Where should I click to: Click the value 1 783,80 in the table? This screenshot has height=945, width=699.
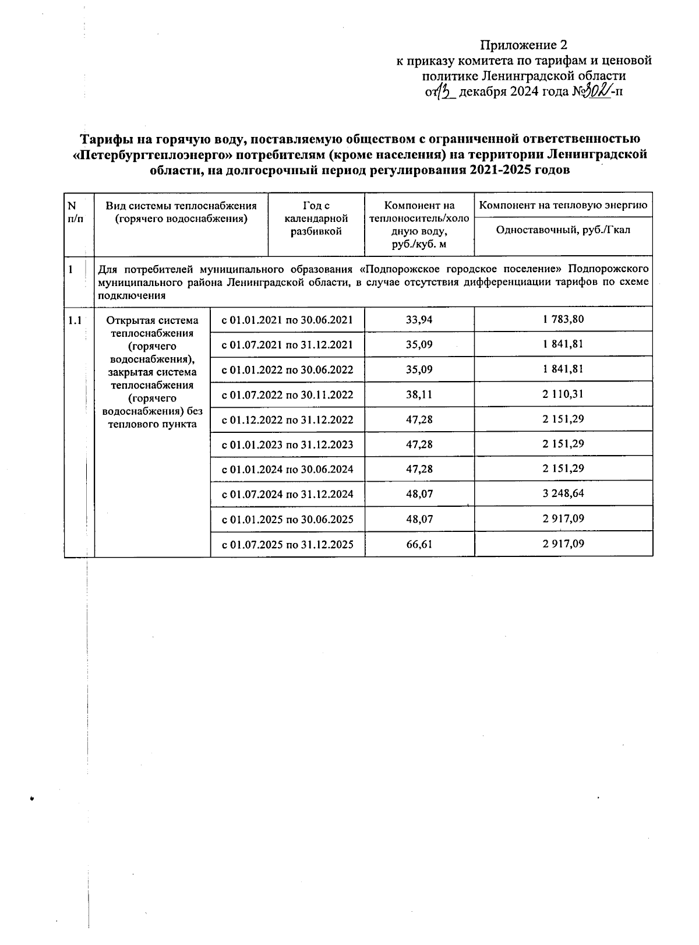[563, 319]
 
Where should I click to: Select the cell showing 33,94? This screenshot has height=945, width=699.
[419, 319]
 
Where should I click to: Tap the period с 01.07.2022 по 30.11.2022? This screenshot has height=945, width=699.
[288, 394]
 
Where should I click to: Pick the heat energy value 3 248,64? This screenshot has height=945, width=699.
[563, 494]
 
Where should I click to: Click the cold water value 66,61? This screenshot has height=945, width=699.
[419, 544]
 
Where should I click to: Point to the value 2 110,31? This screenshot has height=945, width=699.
[563, 394]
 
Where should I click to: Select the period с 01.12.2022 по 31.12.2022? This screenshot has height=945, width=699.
[288, 419]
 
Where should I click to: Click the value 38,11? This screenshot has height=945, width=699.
[419, 394]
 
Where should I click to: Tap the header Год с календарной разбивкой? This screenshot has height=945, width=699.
[316, 218]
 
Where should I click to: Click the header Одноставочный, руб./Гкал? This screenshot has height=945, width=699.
[563, 230]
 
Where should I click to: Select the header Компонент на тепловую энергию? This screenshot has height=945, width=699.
[563, 205]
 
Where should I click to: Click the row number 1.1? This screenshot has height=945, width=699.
[75, 320]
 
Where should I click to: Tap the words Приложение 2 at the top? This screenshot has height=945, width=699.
[523, 45]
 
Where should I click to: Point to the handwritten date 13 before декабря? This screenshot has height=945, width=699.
[444, 91]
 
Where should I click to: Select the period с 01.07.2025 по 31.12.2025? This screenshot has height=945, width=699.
[288, 545]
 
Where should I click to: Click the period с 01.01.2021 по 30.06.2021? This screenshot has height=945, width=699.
[288, 320]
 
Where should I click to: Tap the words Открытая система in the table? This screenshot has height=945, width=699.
[153, 320]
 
